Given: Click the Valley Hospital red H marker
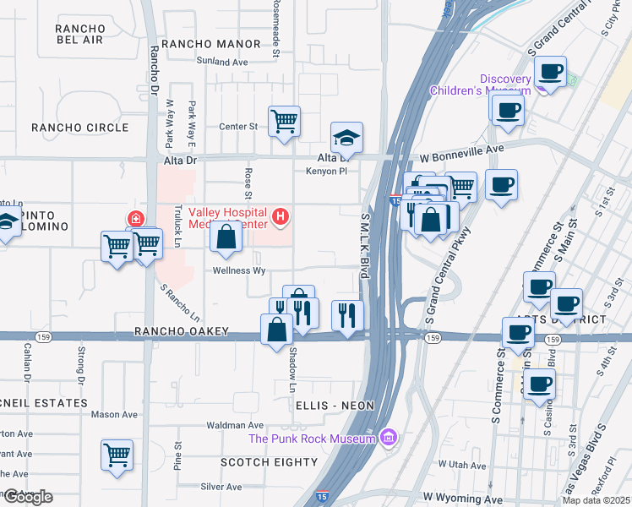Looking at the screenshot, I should [x=281, y=218].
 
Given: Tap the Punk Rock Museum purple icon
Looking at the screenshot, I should [x=388, y=437].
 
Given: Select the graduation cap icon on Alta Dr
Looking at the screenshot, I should [x=346, y=136].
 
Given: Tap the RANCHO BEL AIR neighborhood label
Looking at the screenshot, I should [x=79, y=34].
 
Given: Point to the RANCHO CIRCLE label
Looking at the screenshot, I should [x=79, y=128].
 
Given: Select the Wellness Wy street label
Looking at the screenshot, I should [x=239, y=271].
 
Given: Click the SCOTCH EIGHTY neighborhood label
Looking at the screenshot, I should [x=269, y=462].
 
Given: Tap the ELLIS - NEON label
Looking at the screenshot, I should [x=335, y=406].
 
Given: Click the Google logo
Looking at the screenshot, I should [x=27, y=497].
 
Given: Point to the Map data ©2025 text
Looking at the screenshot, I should [x=597, y=500].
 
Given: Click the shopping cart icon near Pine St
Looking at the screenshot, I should [x=117, y=454].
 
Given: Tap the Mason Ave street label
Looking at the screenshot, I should [x=114, y=414].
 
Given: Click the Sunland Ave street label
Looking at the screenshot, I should [x=222, y=63].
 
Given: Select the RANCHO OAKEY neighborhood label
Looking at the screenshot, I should [x=182, y=332].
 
